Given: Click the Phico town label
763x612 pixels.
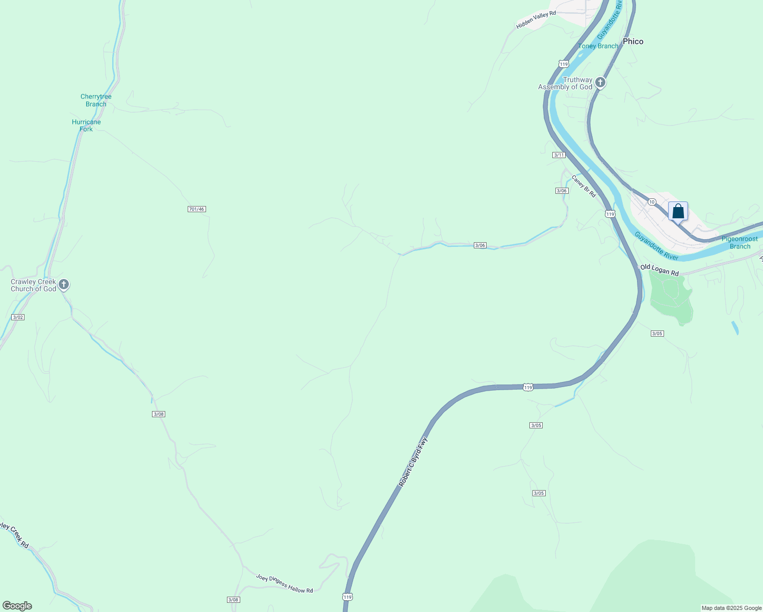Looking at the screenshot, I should click(633, 41).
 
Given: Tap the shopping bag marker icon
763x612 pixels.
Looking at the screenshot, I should click(678, 211).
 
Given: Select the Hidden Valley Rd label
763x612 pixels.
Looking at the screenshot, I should click(536, 19).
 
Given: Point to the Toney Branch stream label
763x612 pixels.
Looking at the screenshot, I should click(599, 46).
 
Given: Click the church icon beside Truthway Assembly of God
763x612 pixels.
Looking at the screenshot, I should click(600, 82).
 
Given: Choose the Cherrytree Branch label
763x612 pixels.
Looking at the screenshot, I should click(96, 100).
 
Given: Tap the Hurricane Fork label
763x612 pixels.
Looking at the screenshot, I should click(86, 125).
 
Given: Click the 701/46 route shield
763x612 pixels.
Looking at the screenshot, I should click(196, 209).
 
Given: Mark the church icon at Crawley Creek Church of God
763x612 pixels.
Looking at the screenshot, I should click(64, 284).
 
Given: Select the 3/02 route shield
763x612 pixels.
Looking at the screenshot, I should click(18, 317).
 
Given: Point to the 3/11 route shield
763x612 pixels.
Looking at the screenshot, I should click(559, 155).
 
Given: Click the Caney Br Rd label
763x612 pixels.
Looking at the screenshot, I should click(583, 186).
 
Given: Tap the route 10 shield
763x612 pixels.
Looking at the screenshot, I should click(652, 202).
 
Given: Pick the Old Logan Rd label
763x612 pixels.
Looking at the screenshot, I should click(659, 269).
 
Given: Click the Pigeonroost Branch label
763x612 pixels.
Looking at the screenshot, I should click(740, 243).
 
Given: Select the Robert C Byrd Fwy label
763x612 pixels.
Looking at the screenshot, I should click(413, 462).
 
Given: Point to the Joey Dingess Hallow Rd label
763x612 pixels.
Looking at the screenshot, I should click(285, 583).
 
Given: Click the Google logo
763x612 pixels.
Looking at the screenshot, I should click(17, 606).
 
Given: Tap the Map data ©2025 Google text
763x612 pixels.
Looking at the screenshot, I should click(731, 608).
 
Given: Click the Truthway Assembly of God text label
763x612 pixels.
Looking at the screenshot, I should click(566, 84).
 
